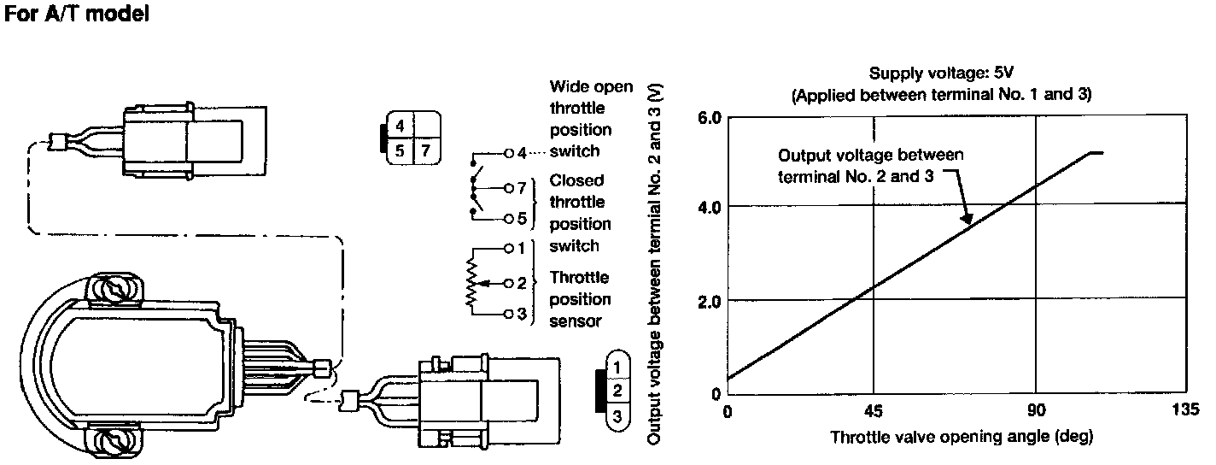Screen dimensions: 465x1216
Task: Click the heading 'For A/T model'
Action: point(78,15)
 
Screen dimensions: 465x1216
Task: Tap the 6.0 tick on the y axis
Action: point(710,117)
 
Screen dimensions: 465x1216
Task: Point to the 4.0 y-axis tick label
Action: point(710,207)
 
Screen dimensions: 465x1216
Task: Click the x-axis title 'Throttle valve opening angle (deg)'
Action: point(961,437)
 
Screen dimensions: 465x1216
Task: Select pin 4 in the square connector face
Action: point(399,127)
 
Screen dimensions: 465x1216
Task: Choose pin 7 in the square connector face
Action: point(425,152)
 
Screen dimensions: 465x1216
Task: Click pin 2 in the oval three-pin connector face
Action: point(617,391)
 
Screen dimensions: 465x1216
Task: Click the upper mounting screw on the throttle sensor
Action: point(116,292)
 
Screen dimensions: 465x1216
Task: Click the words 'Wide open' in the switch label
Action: point(591,86)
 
